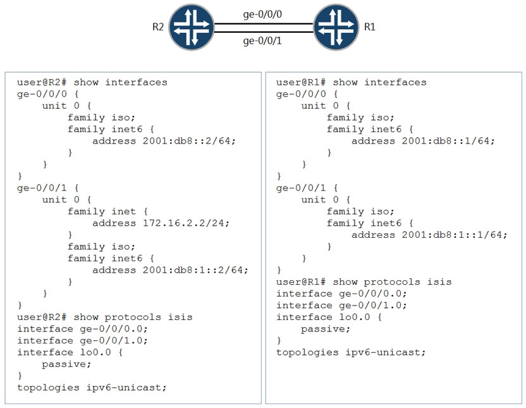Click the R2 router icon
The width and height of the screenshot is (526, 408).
coord(191,27)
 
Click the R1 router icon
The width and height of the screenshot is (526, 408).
coord(336,27)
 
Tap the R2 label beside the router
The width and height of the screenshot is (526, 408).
coord(158,27)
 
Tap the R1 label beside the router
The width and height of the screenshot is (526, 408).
coord(370,27)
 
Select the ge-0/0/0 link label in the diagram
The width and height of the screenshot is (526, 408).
coord(262,15)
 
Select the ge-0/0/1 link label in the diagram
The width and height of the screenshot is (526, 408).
coord(262,41)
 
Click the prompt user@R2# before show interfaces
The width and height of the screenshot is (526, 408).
coord(42,82)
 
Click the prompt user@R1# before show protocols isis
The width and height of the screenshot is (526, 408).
coord(301,282)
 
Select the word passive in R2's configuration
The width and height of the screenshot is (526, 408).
coord(64,364)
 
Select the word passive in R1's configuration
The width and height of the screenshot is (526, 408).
coord(323,329)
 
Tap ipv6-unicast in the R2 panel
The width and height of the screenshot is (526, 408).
coord(124,388)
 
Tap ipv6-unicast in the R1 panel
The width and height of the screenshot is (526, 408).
coord(383,352)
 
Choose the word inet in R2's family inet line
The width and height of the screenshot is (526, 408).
coord(123,211)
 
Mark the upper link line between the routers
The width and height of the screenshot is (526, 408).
coord(264,24)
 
